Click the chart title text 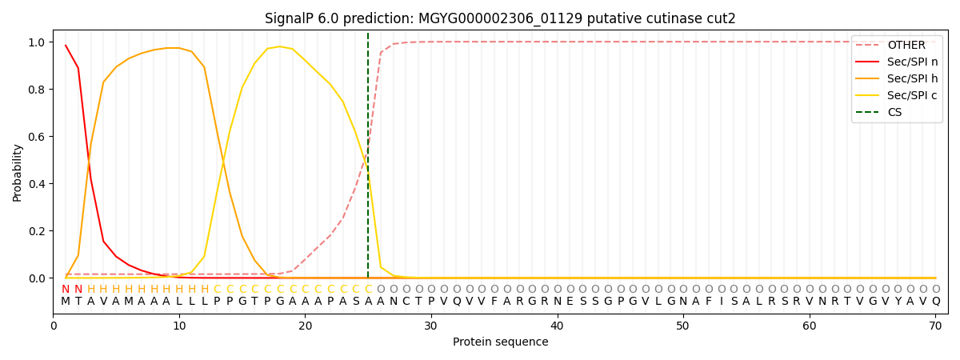point(500,18)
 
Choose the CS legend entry point(894,113)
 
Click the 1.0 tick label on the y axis point(37,42)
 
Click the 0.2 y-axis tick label point(37,231)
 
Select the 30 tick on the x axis point(431,326)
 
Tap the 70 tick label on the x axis point(935,326)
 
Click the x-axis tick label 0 point(54,326)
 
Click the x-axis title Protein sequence point(500,342)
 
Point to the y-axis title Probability point(17,173)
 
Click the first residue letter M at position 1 point(66,302)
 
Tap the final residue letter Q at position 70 point(935,302)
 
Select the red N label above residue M point(66,290)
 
